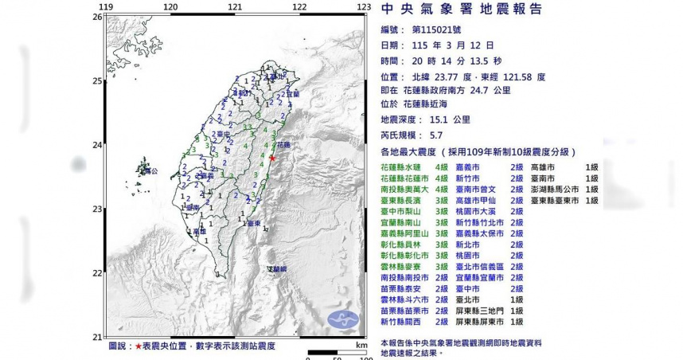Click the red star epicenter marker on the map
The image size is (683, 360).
click(x=272, y=158)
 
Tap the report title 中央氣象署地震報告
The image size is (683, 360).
click(x=462, y=10)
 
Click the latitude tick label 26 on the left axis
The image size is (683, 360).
click(x=97, y=17)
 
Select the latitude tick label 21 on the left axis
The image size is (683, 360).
click(x=97, y=336)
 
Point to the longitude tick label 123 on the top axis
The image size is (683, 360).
click(x=364, y=7)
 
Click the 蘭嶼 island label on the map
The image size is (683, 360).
click(x=275, y=269)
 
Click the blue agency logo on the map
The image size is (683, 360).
click(x=349, y=319)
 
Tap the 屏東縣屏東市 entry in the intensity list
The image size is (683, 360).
click(x=479, y=321)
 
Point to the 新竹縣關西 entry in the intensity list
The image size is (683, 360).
click(x=405, y=321)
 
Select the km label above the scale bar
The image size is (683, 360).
click(x=361, y=346)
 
